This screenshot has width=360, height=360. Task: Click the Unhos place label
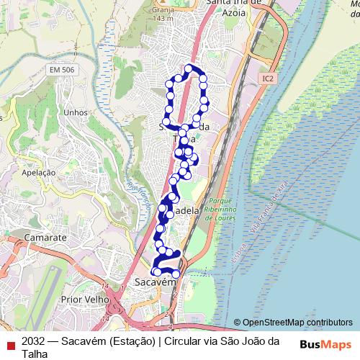[75, 112]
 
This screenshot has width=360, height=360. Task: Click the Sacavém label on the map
[156, 283]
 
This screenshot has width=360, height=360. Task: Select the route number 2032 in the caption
[35, 341]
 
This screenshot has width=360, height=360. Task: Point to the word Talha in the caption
[35, 354]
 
